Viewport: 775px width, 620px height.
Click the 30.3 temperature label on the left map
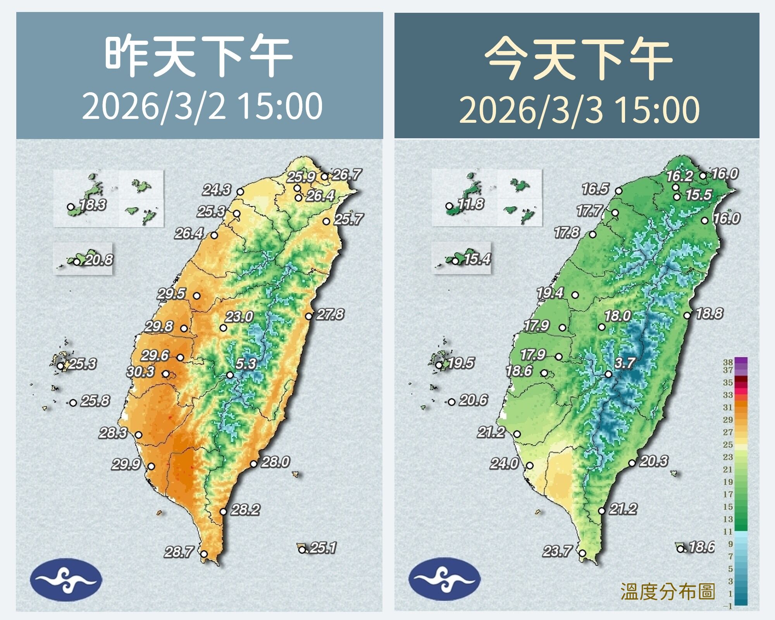click(140, 372)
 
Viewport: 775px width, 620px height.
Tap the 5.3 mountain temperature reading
click(246, 363)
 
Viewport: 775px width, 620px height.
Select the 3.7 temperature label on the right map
click(625, 362)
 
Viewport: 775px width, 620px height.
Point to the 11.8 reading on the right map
click(471, 204)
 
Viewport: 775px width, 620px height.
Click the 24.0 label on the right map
click(504, 463)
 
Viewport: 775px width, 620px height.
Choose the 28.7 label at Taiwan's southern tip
click(178, 551)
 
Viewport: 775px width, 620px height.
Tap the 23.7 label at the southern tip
click(557, 551)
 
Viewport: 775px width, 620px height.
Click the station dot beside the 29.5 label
click(196, 295)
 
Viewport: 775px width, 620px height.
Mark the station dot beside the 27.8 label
click(308, 316)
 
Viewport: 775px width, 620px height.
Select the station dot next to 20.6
click(451, 402)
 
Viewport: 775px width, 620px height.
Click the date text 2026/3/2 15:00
click(202, 106)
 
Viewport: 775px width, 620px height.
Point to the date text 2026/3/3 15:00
click(579, 110)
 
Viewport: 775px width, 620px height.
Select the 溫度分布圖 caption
click(667, 592)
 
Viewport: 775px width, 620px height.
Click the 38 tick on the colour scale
click(728, 362)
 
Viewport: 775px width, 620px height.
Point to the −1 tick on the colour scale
click(728, 606)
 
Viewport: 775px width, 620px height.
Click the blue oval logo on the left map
click(66, 579)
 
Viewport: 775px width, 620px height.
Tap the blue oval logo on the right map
click(444, 579)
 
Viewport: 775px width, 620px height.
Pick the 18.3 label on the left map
click(93, 204)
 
